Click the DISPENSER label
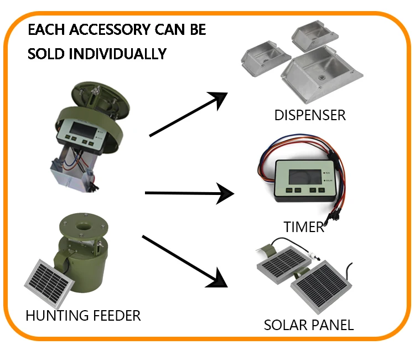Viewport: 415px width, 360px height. pyautogui.click(x=309, y=115)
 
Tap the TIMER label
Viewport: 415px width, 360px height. pyautogui.click(x=303, y=227)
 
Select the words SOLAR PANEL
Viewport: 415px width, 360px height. pyautogui.click(x=308, y=325)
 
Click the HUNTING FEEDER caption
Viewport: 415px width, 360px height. pyautogui.click(x=83, y=316)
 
